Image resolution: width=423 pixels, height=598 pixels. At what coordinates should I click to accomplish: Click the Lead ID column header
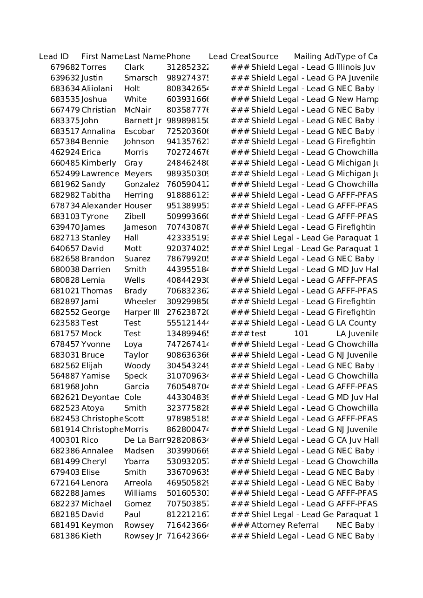pos(54,57)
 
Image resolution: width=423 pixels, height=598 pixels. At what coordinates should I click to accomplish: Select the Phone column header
pos(178,57)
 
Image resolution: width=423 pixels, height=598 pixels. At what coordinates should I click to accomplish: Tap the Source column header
pos(265,57)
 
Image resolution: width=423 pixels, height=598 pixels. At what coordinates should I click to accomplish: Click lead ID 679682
pos(65,67)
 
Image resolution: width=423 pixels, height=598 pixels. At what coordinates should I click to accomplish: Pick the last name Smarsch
pos(141,78)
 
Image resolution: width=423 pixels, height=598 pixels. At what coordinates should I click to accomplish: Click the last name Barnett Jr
pos(142,121)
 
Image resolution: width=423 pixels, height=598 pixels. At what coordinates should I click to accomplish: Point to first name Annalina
pos(98,132)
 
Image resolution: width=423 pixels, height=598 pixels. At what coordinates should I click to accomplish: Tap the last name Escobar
pos(139,132)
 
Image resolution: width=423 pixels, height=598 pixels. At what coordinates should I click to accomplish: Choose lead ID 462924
pos(65,153)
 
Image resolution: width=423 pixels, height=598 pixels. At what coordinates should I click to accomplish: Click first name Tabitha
pos(96,195)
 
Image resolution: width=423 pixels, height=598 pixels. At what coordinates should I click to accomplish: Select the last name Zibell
pos(134,217)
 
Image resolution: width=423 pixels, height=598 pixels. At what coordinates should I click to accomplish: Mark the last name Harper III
pos(142,312)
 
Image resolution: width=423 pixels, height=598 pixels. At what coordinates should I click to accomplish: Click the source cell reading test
pos(259,334)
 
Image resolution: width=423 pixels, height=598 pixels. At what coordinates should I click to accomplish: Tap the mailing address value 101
pos(301,334)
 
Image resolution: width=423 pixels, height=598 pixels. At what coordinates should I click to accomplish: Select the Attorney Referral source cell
pos(285,525)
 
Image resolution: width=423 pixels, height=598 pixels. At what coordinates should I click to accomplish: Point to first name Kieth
pos(91,536)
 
